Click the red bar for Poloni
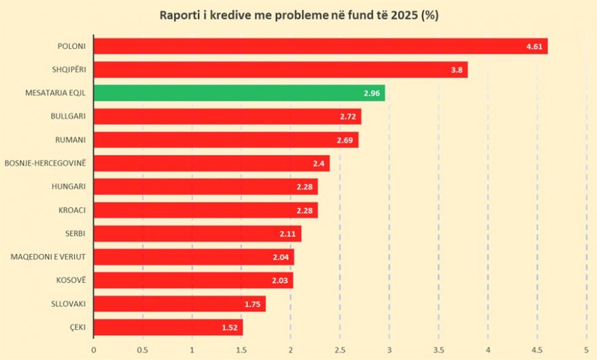[320, 46]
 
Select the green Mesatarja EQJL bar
[239, 93]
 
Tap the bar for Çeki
[168, 328]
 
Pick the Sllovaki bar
[180, 304]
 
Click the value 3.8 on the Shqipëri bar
[456, 70]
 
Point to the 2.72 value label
[348, 117]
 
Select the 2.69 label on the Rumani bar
[345, 141]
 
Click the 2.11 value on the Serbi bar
[287, 234]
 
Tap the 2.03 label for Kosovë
[280, 281]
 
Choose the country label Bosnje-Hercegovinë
[45, 163]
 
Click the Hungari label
[68, 186]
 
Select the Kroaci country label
[72, 210]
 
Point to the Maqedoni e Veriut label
[48, 257]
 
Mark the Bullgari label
[68, 116]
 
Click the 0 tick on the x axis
[94, 350]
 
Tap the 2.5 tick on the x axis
[340, 350]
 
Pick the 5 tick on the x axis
[586, 350]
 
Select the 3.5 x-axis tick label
[438, 350]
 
